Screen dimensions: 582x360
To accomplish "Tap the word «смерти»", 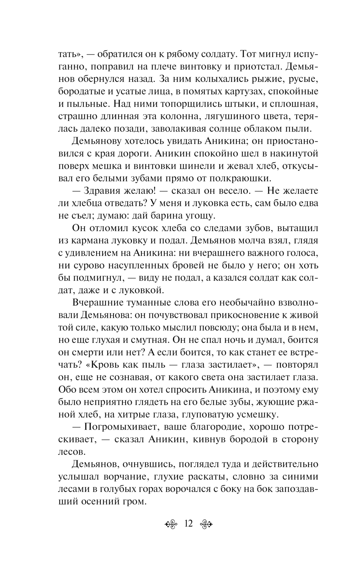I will point(87,352).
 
